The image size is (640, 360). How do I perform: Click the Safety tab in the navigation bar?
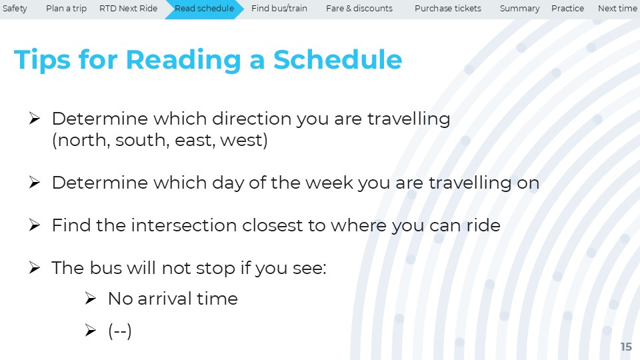click(15, 9)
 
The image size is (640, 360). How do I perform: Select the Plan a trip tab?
click(66, 9)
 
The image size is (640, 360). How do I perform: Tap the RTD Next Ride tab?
click(128, 9)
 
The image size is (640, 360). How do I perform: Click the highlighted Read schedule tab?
click(204, 9)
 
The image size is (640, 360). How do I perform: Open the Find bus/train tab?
click(279, 9)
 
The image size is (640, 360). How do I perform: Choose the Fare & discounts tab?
click(359, 9)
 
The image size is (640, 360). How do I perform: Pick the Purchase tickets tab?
click(448, 9)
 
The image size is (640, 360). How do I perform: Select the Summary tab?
click(519, 9)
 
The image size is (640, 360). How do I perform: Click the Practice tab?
click(567, 9)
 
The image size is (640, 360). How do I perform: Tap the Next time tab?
click(617, 9)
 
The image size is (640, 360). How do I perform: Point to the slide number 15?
click(626, 347)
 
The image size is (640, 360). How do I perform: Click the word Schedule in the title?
click(337, 59)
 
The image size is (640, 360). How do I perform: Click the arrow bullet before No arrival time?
click(91, 299)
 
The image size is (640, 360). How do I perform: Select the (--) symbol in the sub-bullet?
click(119, 331)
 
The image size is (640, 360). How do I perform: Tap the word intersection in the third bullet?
click(184, 225)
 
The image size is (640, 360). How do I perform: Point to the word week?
click(329, 183)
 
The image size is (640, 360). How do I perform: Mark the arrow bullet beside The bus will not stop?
click(35, 268)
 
